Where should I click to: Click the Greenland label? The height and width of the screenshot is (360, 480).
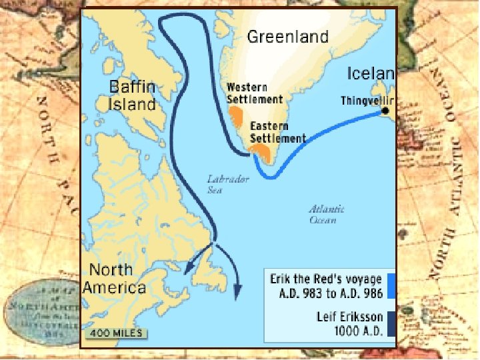click(x=287, y=37)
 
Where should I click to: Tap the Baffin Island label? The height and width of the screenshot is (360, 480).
click(x=133, y=95)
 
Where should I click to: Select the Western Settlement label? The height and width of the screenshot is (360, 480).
click(x=255, y=93)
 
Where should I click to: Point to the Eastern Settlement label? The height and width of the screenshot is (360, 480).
click(x=277, y=133)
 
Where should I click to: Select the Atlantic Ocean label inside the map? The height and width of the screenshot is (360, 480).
click(x=327, y=214)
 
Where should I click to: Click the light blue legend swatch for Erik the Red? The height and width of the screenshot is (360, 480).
click(x=391, y=285)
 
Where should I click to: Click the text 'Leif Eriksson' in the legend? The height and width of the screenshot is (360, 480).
click(x=349, y=317)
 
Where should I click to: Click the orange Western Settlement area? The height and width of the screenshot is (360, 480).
click(x=235, y=117)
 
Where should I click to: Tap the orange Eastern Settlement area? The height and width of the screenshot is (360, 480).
click(x=265, y=153)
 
